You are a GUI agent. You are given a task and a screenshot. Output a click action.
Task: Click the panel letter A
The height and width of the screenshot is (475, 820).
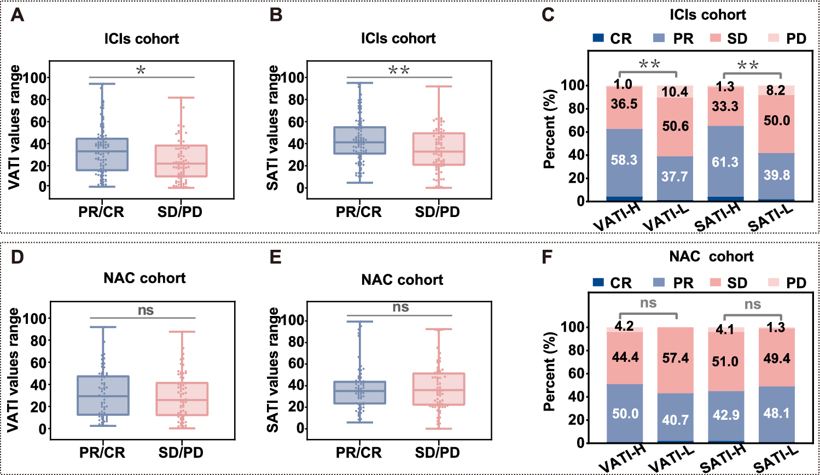click(18, 15)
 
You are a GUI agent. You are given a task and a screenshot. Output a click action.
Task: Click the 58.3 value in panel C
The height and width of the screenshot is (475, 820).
click(624, 160)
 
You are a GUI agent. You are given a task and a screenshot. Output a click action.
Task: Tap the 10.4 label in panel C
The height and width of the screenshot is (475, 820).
click(674, 92)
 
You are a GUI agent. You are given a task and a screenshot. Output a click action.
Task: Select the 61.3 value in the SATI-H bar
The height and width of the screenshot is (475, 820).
click(725, 162)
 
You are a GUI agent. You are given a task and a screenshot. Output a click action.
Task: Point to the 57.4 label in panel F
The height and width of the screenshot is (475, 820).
click(676, 359)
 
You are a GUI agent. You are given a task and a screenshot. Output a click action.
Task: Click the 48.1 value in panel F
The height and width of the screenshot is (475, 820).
click(776, 413)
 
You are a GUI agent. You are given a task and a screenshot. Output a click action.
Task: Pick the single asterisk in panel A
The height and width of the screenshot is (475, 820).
click(141, 71)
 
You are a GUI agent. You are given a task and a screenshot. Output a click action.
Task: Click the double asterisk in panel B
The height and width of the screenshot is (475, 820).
click(399, 71)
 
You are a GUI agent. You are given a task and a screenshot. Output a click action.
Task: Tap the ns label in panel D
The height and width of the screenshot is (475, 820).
click(146, 310)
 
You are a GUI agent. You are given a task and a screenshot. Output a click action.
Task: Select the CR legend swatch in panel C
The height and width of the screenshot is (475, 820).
click(598, 38)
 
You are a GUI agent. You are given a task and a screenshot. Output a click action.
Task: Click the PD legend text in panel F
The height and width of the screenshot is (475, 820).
click(796, 283)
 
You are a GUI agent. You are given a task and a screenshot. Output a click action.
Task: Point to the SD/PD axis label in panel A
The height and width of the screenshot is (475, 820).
click(180, 212)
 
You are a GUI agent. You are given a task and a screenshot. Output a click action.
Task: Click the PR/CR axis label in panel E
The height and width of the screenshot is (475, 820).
click(359, 453)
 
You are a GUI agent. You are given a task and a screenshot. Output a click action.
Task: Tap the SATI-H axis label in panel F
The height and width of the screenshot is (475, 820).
click(723, 459)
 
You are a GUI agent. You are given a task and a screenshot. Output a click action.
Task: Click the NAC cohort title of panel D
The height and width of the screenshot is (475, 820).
click(144, 278)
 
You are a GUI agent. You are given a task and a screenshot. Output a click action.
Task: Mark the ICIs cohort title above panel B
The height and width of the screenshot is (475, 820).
click(398, 39)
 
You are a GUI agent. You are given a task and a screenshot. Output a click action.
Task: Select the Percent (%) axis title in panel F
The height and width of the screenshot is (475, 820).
click(549, 372)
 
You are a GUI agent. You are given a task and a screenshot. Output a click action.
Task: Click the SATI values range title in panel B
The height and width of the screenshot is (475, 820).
click(272, 128)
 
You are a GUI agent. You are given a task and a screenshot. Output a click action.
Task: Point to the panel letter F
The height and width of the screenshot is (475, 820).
click(548, 256)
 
